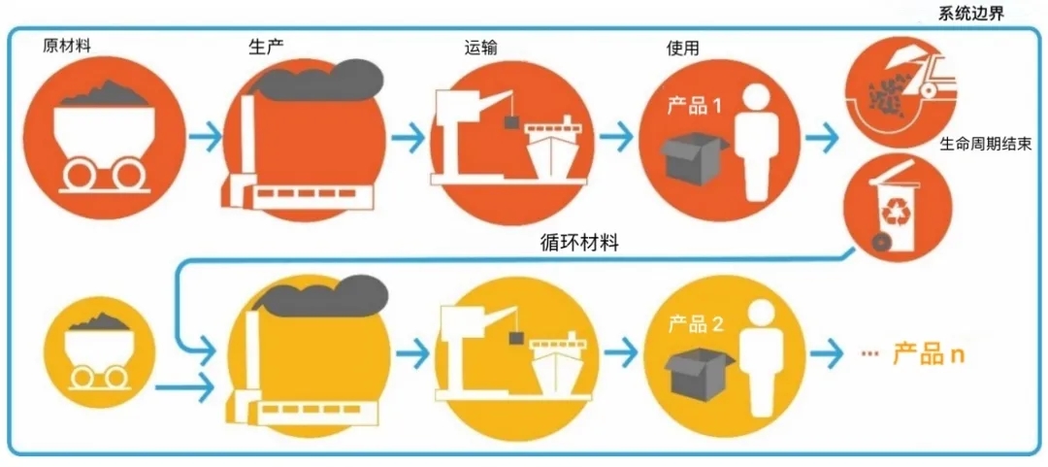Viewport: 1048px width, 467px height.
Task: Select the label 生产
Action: [x=267, y=46]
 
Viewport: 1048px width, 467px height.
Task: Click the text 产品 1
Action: [x=694, y=104]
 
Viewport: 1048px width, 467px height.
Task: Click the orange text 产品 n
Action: [x=930, y=353]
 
